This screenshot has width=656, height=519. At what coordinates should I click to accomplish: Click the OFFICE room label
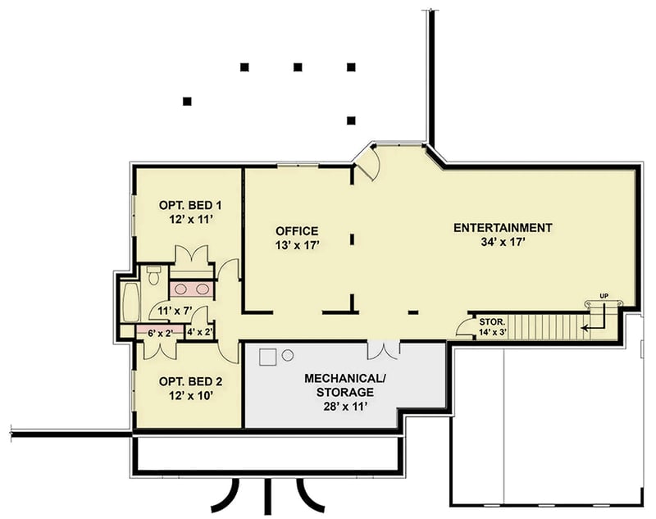(x=296, y=230)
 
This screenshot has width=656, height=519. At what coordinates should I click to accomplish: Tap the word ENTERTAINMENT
(x=503, y=227)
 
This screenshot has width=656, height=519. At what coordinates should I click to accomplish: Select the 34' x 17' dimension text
(x=503, y=242)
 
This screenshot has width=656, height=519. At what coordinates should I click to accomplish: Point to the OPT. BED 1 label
(x=190, y=204)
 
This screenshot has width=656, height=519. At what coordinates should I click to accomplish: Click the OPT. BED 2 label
(x=190, y=382)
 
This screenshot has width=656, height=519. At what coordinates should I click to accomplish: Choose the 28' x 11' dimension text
(x=344, y=406)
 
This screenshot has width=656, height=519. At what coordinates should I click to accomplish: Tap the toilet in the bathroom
(x=153, y=275)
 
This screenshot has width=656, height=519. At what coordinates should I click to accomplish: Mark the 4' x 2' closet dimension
(x=200, y=332)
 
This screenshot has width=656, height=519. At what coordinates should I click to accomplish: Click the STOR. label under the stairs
(x=492, y=322)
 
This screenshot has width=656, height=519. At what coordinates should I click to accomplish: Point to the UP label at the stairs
(x=604, y=294)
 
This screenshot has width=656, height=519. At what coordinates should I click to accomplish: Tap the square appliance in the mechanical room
(x=267, y=357)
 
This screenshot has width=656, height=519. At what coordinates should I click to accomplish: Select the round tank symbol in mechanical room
(x=288, y=355)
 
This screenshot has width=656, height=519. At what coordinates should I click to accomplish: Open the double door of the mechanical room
(x=384, y=350)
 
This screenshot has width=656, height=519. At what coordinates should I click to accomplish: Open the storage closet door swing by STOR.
(x=465, y=327)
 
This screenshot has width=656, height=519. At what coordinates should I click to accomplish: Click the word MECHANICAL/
(x=344, y=379)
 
